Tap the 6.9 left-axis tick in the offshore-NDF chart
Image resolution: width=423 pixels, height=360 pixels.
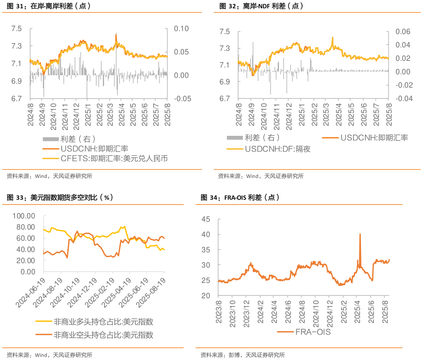224,82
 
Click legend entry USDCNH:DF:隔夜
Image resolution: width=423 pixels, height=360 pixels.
278,149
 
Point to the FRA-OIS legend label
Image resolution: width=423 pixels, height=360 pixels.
313,332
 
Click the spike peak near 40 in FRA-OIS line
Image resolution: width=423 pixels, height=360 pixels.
360,234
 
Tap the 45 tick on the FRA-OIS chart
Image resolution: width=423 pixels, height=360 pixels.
207,220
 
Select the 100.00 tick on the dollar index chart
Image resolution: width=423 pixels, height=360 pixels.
24,216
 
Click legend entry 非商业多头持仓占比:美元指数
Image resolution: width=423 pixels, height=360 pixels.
103,322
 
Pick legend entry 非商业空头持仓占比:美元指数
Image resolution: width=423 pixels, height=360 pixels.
103,335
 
